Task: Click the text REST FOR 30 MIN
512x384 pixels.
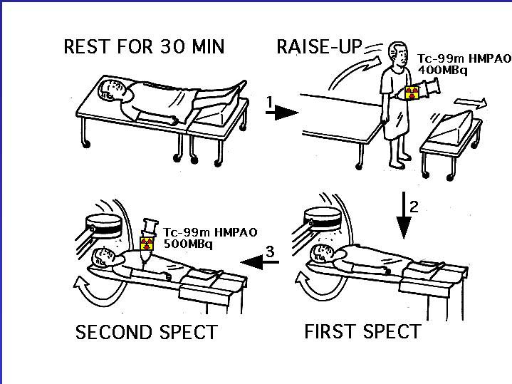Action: [x=144, y=46]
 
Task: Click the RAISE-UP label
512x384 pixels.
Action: [x=319, y=46]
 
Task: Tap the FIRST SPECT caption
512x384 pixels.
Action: [x=362, y=332]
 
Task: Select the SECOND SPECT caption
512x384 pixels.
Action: [x=147, y=332]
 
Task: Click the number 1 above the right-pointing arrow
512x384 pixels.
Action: [x=269, y=103]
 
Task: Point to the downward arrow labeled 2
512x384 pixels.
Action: [x=404, y=215]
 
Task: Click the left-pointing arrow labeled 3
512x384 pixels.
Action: [x=260, y=261]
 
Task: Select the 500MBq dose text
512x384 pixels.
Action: [x=188, y=244]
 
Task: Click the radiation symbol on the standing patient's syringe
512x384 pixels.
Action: [x=412, y=93]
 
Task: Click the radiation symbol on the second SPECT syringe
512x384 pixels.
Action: [x=147, y=244]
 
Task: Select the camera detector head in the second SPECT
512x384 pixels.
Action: [x=103, y=226]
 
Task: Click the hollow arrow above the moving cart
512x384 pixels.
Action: [x=471, y=103]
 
